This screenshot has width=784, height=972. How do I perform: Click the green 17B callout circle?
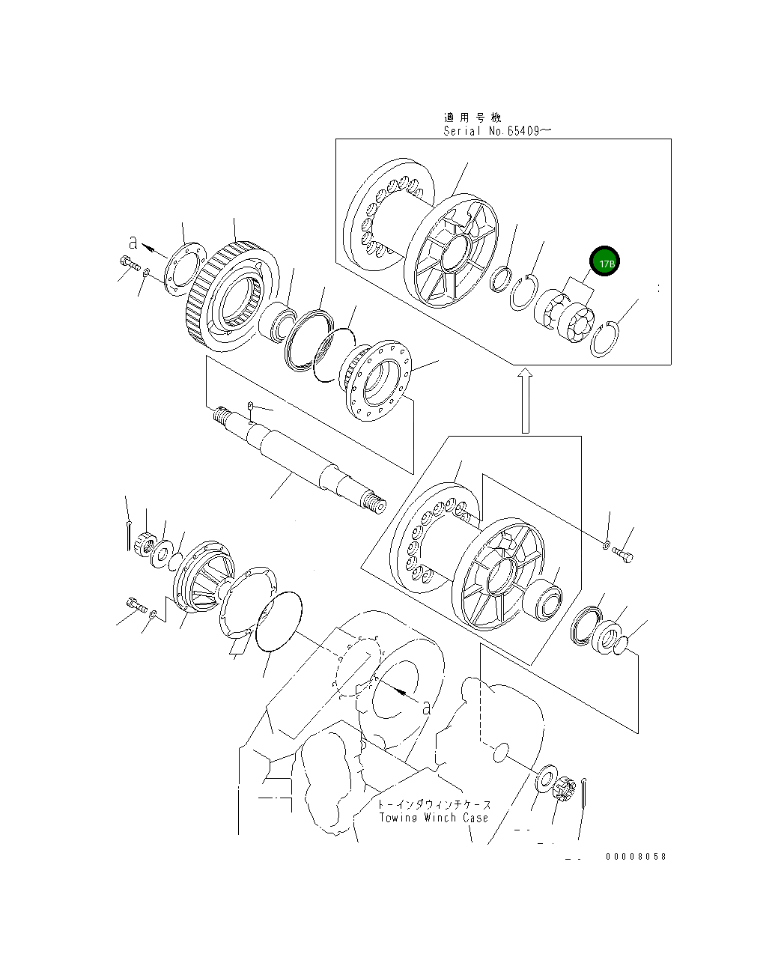(x=605, y=263)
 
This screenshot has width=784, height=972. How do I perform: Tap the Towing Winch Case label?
(x=434, y=817)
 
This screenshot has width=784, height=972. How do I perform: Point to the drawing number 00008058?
(x=636, y=857)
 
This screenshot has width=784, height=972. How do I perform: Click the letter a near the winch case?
(x=426, y=705)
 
